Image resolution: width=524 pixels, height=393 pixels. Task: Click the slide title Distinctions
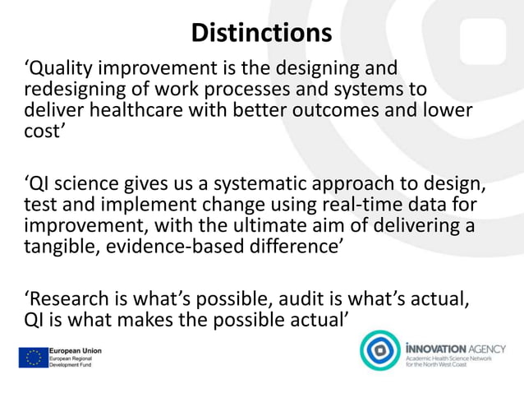tap(261, 33)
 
